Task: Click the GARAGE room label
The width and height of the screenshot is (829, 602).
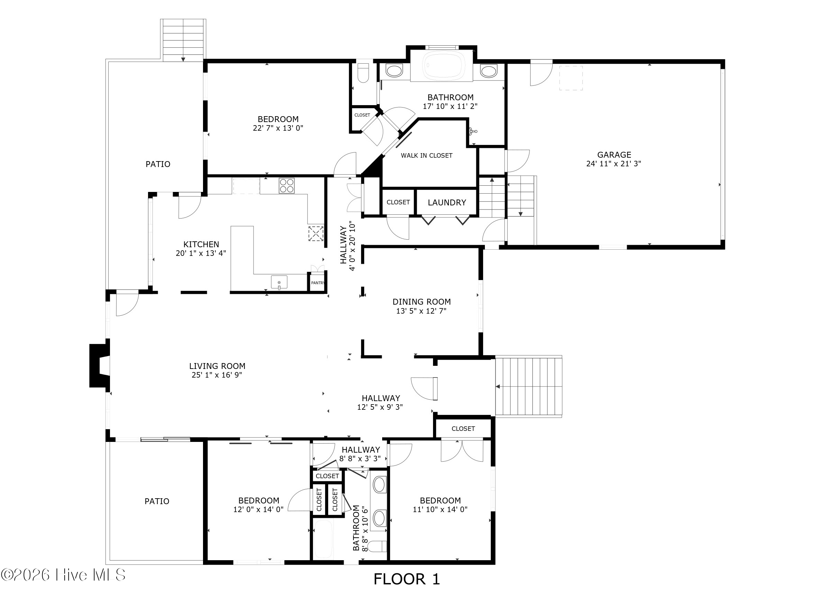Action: [614, 155]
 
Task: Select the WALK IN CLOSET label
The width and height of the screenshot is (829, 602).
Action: [426, 156]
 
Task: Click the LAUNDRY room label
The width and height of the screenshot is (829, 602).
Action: [447, 203]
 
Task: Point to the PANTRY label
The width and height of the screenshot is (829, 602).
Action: [317, 283]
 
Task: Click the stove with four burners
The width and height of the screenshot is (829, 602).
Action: [286, 185]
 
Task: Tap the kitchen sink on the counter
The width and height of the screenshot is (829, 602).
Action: [279, 282]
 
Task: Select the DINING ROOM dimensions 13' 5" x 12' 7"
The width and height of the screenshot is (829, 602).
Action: [422, 311]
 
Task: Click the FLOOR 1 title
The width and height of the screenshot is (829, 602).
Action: [406, 579]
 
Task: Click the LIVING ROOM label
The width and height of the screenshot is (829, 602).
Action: [217, 366]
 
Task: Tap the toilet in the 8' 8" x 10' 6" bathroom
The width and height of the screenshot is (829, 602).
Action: [377, 546]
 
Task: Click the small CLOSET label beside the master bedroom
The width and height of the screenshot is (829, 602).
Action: [362, 115]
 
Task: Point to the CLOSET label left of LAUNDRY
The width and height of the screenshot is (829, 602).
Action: [398, 202]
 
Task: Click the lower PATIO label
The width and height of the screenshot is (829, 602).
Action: [157, 501]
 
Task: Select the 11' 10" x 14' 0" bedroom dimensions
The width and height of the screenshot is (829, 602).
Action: [440, 510]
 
